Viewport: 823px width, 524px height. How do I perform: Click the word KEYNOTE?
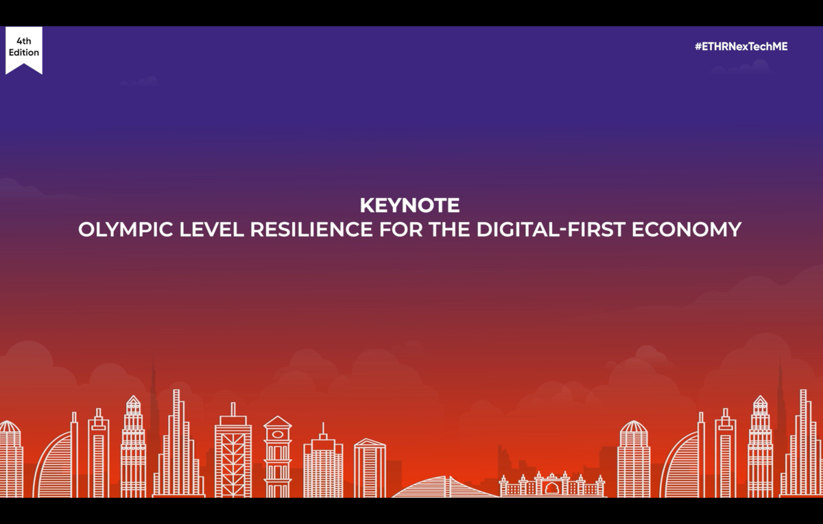[x=409, y=205]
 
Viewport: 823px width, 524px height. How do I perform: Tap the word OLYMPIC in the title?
[x=126, y=229]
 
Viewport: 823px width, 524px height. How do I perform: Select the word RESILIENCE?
[x=311, y=229]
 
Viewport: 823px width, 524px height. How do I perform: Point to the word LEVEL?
[x=212, y=229]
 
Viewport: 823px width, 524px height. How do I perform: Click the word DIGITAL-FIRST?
[x=551, y=229]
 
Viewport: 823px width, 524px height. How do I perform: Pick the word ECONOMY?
[x=687, y=229]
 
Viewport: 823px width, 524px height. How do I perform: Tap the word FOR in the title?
[x=401, y=229]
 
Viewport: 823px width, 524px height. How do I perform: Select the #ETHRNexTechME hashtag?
[x=741, y=47]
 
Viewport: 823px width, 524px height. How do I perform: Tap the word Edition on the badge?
[x=24, y=53]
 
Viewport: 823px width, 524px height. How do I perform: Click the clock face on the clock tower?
[x=278, y=434]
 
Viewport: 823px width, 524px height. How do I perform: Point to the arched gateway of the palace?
[x=551, y=488]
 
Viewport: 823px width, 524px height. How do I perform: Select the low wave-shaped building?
[x=444, y=488]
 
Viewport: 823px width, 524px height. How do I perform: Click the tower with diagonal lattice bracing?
[x=233, y=457]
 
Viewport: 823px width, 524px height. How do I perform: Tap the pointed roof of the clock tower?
[x=278, y=422]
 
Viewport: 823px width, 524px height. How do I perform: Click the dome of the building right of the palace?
[x=634, y=427]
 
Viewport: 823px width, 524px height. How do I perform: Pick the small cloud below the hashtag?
[x=741, y=68]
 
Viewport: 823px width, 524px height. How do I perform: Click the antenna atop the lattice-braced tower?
[x=233, y=409]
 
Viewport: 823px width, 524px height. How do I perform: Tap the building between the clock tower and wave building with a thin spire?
[x=323, y=460]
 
